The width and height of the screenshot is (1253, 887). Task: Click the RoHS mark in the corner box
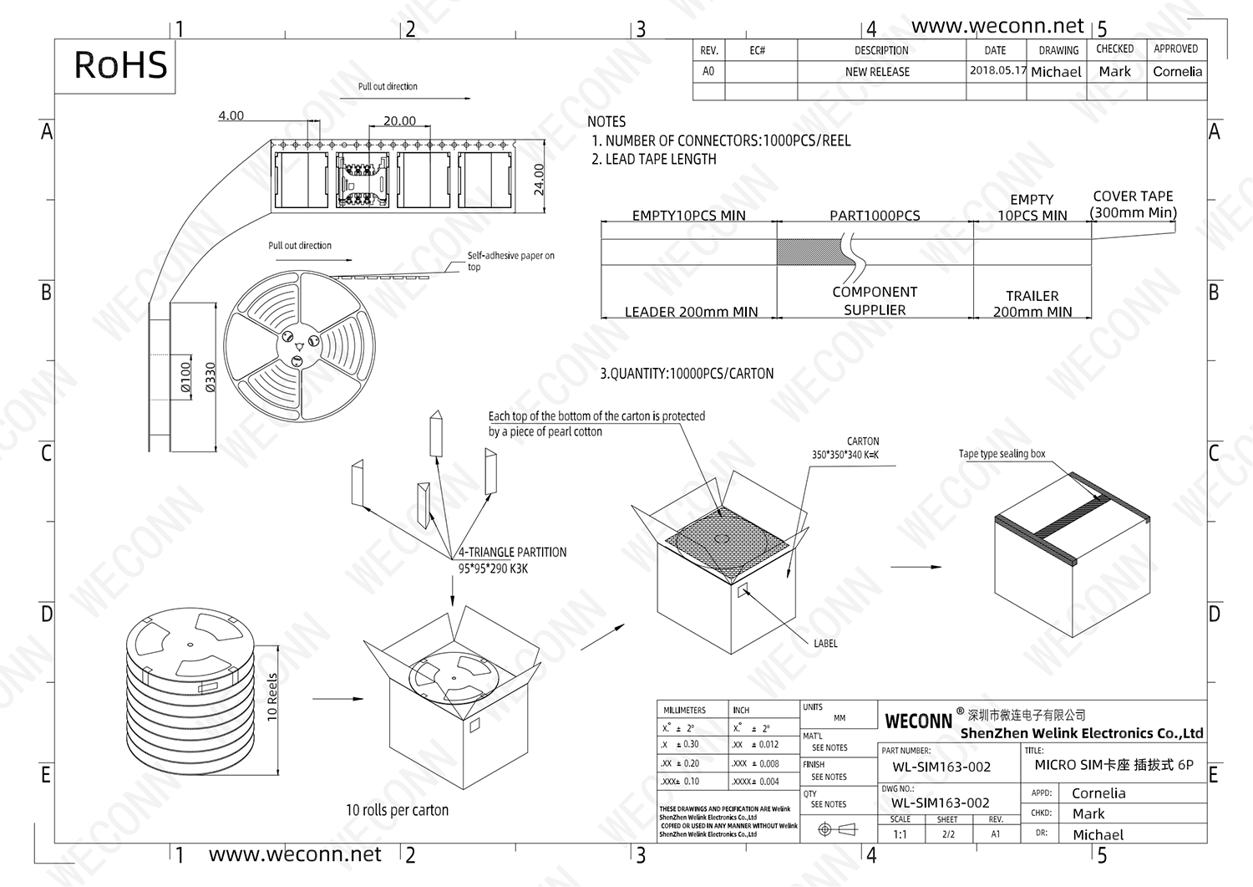coord(120,65)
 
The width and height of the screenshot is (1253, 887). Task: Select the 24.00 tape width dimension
coord(539,179)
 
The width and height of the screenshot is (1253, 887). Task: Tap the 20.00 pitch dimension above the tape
coord(399,121)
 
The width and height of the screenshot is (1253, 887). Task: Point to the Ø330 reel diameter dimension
coord(211,377)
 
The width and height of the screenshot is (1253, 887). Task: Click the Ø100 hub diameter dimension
coord(186,377)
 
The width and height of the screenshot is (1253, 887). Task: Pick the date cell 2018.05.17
coord(997,71)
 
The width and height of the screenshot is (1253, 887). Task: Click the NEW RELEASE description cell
coord(877,72)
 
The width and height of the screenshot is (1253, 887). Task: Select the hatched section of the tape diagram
coord(808,252)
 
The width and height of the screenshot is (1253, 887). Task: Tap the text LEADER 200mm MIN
coord(691,312)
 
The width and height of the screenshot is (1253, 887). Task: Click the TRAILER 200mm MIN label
coord(1032,304)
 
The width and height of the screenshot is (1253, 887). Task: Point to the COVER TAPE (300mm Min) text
coord(1133,204)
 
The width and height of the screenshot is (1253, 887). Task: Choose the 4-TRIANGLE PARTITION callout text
coord(512,553)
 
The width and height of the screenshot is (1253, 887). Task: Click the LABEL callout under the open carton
coord(825,644)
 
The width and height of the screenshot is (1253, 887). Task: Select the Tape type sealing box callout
coord(1002,454)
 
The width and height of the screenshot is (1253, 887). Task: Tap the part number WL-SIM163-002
coord(941,767)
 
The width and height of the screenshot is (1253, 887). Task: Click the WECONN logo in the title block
coord(918,721)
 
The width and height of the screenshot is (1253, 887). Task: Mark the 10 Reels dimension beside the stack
coord(272,696)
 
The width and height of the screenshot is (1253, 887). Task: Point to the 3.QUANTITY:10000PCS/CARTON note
coord(687,374)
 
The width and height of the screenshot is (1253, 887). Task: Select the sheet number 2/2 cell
coord(948,834)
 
